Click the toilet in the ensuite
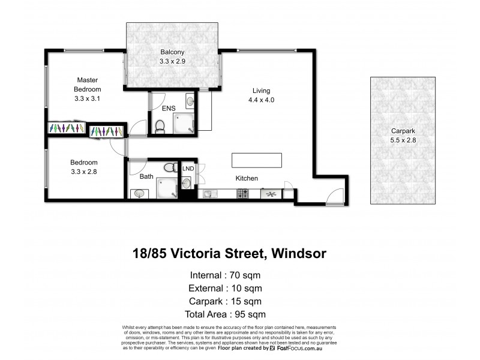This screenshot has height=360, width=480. tap(160, 125)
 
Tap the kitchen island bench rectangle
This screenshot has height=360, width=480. tap(257, 160)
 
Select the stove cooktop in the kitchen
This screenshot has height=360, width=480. tap(244, 194)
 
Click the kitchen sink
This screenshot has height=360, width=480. tap(209, 194)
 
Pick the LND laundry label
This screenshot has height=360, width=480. tap(188, 169)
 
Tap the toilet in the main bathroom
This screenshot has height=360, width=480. tap(170, 167)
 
